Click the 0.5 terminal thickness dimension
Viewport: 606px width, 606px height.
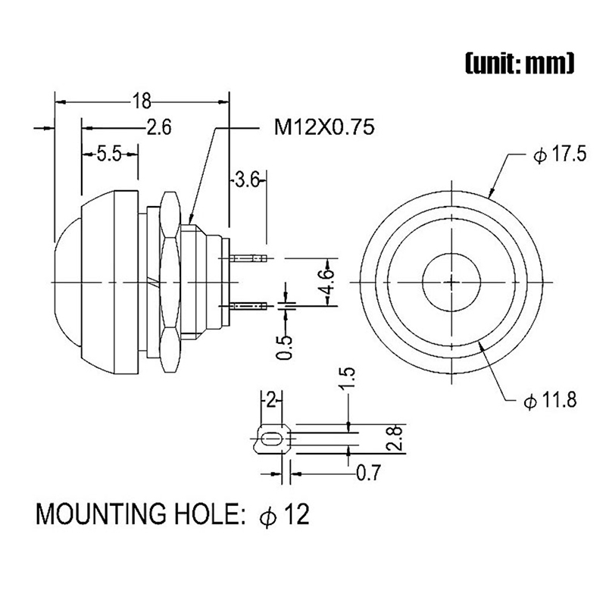click(x=285, y=343)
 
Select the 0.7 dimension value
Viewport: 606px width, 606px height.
click(x=367, y=473)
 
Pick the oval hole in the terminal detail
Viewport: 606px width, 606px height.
click(x=270, y=439)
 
